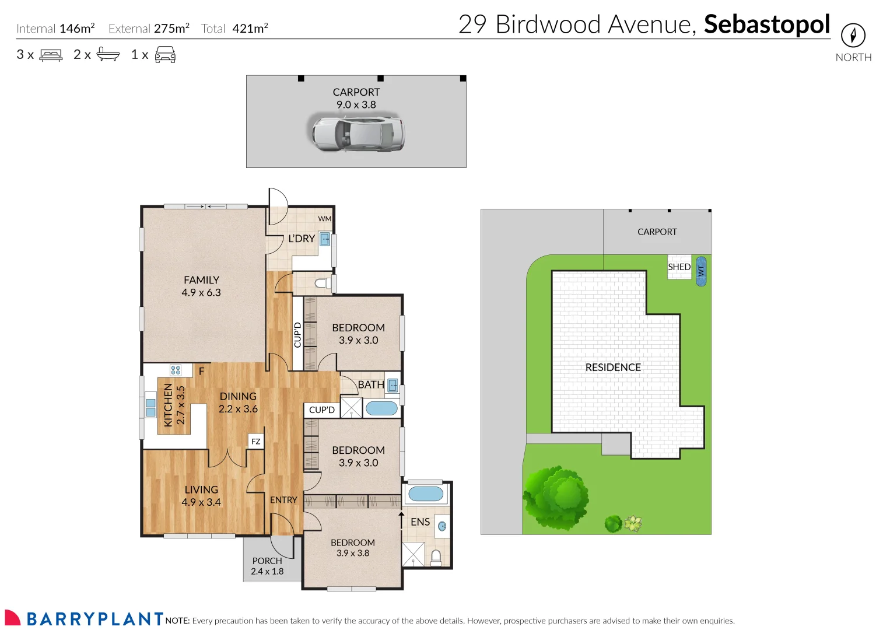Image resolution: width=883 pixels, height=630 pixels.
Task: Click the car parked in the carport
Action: click(x=356, y=134)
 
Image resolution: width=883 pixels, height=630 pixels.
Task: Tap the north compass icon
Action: click(x=853, y=35)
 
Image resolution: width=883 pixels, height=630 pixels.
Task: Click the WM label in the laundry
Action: click(x=324, y=219)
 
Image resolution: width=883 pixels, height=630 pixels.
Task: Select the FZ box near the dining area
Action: click(x=255, y=442)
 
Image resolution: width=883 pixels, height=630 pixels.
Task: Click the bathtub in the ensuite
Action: click(x=426, y=494)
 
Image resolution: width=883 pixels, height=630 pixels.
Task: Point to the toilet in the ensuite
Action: click(x=436, y=558)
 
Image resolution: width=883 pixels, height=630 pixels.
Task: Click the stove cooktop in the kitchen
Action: click(x=176, y=370)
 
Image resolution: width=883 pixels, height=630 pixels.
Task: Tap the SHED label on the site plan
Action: click(x=679, y=267)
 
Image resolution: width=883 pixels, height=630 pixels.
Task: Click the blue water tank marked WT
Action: click(x=701, y=271)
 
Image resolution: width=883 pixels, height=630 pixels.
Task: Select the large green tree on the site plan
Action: click(x=556, y=497)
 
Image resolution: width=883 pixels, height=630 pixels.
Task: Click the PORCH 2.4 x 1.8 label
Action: click(x=267, y=566)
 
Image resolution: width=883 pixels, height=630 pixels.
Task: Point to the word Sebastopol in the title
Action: click(x=766, y=24)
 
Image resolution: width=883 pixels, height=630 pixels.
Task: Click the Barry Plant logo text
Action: click(x=94, y=618)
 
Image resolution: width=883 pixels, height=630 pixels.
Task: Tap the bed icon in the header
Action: click(x=51, y=55)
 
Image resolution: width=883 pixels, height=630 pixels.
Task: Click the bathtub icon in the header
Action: click(x=108, y=54)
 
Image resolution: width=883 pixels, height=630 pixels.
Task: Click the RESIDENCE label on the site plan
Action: click(x=613, y=367)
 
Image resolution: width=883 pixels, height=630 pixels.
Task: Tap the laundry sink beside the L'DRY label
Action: click(x=325, y=239)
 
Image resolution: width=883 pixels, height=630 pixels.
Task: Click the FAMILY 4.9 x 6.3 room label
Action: click(x=201, y=286)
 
